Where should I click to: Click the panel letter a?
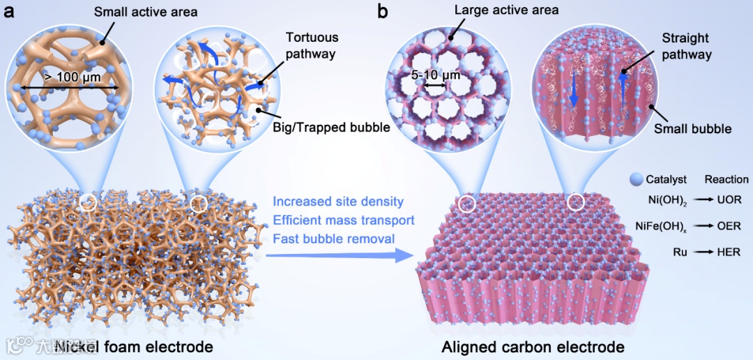(x=9, y=12)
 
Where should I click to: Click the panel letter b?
(x=383, y=10)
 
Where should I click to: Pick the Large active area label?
(x=505, y=10)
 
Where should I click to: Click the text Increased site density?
(x=338, y=202)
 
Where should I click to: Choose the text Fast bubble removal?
(x=334, y=239)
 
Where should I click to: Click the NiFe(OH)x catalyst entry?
(x=663, y=226)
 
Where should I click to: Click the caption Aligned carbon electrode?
(x=533, y=347)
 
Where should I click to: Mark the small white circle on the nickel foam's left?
(x=88, y=203)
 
